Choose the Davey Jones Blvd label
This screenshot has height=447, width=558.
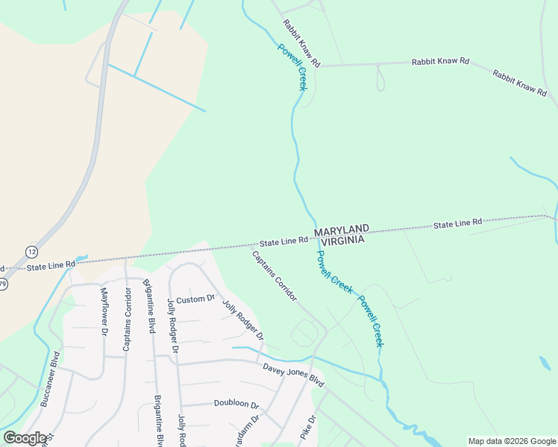(x=293, y=374)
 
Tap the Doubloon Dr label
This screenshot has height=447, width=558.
(x=236, y=405)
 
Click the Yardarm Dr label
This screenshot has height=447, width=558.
(x=253, y=429)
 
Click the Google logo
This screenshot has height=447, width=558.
(x=25, y=437)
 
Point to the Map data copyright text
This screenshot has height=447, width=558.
(x=511, y=441)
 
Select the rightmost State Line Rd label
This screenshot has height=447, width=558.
(x=458, y=222)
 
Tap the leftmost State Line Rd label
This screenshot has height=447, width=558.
(x=51, y=264)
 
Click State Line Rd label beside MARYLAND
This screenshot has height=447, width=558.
(x=283, y=241)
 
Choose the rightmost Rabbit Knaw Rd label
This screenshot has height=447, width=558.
(x=520, y=82)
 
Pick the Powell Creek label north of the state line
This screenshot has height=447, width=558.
(x=292, y=67)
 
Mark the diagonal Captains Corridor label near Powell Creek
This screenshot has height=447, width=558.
(x=275, y=276)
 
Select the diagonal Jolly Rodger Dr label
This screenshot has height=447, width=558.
(x=243, y=321)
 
